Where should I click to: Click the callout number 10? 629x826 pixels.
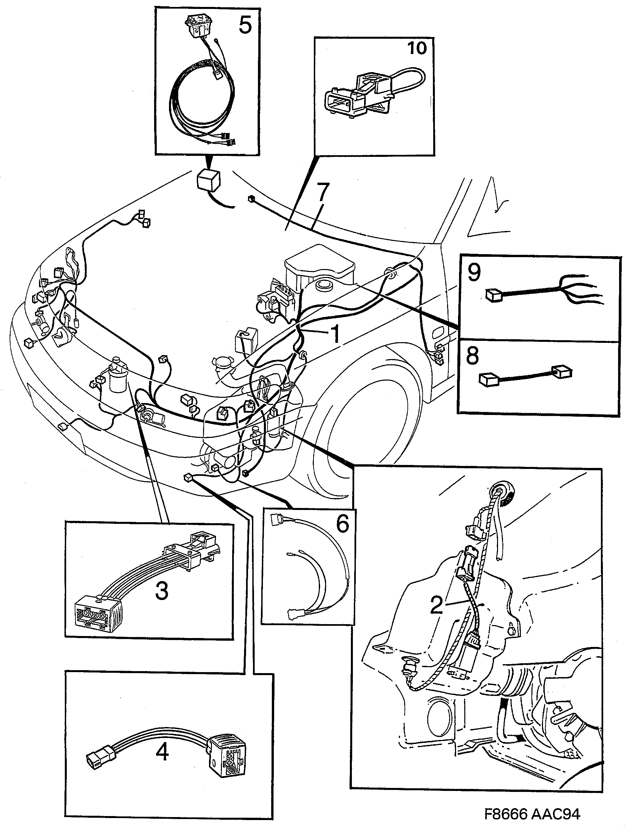(x=417, y=48)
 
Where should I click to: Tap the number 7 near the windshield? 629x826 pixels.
(x=322, y=191)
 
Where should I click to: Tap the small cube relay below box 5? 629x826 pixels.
(x=209, y=179)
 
